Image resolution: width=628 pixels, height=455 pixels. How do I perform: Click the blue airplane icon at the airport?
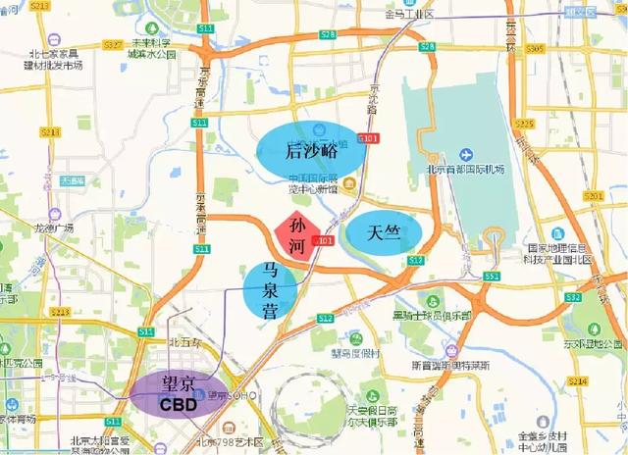[x=465, y=155]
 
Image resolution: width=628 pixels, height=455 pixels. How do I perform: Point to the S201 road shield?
[x=592, y=196]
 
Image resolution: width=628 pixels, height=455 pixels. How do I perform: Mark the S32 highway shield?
[x=574, y=296]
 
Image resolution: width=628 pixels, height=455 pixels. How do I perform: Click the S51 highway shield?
[x=491, y=277]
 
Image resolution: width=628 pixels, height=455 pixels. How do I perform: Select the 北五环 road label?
[x=184, y=342]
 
